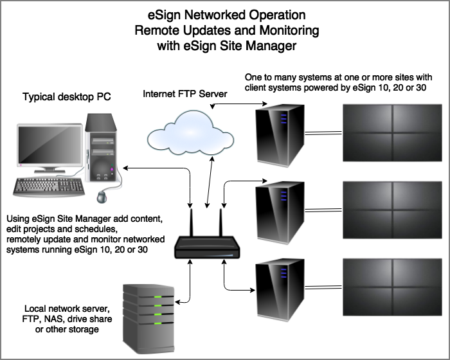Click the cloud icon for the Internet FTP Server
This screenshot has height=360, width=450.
click(183, 132)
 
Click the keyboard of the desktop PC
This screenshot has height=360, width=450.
click(49, 186)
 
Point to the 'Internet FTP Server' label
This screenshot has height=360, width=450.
click(184, 94)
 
